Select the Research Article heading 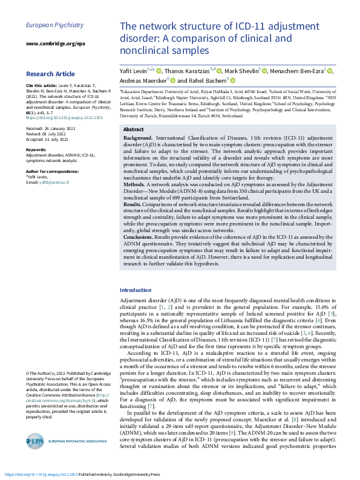coord(51,74)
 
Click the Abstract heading coord(133,129)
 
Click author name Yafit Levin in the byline coord(134,71)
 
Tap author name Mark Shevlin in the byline coord(241,71)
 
